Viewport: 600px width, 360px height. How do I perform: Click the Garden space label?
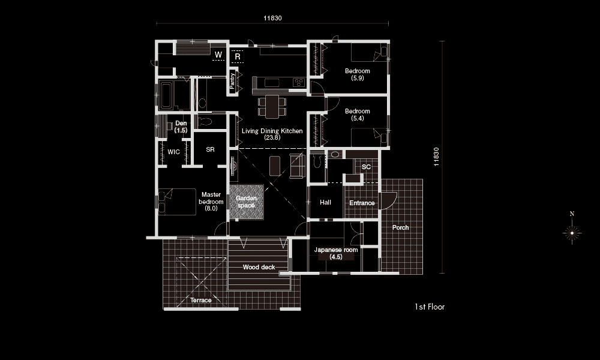pyautogui.click(x=246, y=202)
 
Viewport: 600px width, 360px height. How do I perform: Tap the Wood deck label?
pyautogui.click(x=259, y=267)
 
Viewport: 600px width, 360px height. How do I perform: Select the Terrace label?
pyautogui.click(x=201, y=300)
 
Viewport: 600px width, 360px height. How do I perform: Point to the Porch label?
pyautogui.click(x=400, y=227)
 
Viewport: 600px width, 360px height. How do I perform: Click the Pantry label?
pyautogui.click(x=232, y=81)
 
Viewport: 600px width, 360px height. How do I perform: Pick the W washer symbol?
pyautogui.click(x=218, y=55)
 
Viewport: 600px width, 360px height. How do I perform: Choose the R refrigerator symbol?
pyautogui.click(x=238, y=56)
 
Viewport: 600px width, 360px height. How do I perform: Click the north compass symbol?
pyautogui.click(x=572, y=230)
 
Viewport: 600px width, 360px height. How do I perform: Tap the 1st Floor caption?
pyautogui.click(x=430, y=307)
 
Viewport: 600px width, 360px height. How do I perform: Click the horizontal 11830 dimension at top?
pyautogui.click(x=272, y=18)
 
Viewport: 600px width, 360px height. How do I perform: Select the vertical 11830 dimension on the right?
pyautogui.click(x=436, y=157)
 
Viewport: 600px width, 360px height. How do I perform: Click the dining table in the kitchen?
pyautogui.click(x=272, y=107)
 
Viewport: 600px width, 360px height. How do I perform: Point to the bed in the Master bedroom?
pyautogui.click(x=177, y=202)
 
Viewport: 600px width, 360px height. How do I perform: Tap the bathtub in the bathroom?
pyautogui.click(x=166, y=94)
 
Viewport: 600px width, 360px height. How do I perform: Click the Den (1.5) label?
pyautogui.click(x=181, y=127)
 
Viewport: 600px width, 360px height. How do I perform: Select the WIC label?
pyautogui.click(x=174, y=152)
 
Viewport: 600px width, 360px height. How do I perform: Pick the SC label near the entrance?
pyautogui.click(x=366, y=167)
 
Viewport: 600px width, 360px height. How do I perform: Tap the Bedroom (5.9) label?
pyautogui.click(x=358, y=74)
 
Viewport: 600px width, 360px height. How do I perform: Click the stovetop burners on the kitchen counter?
pyautogui.click(x=299, y=82)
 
